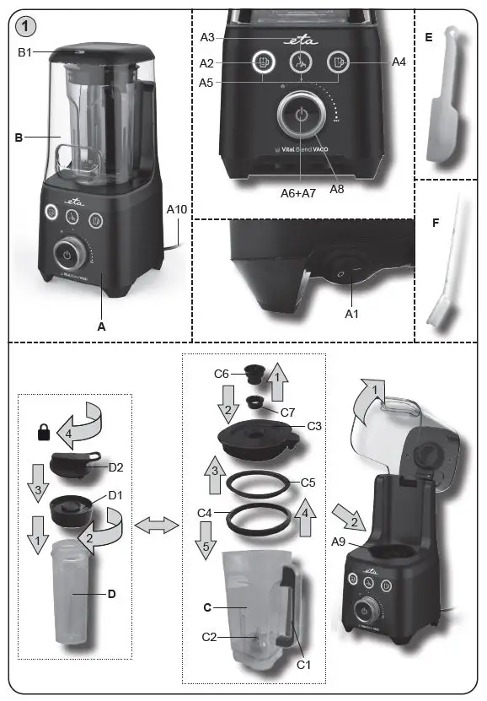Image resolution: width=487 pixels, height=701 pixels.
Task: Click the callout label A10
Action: point(178,208)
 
